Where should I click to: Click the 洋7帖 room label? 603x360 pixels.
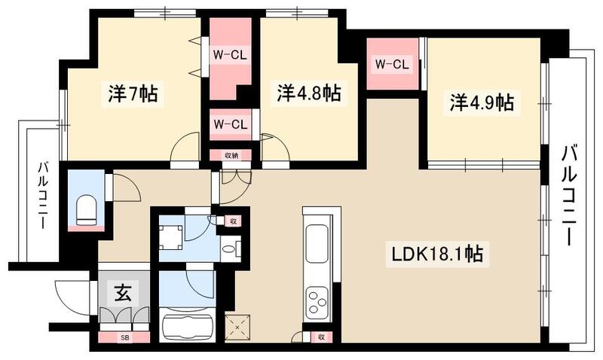[133, 95]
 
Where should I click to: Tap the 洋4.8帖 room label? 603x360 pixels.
[308, 93]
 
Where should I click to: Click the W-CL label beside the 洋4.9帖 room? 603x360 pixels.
[392, 65]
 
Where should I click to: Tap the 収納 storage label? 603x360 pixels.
[231, 155]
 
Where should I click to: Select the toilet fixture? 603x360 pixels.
[85, 209]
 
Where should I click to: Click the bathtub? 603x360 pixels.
[188, 328]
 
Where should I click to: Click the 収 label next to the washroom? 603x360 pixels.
[234, 221]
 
